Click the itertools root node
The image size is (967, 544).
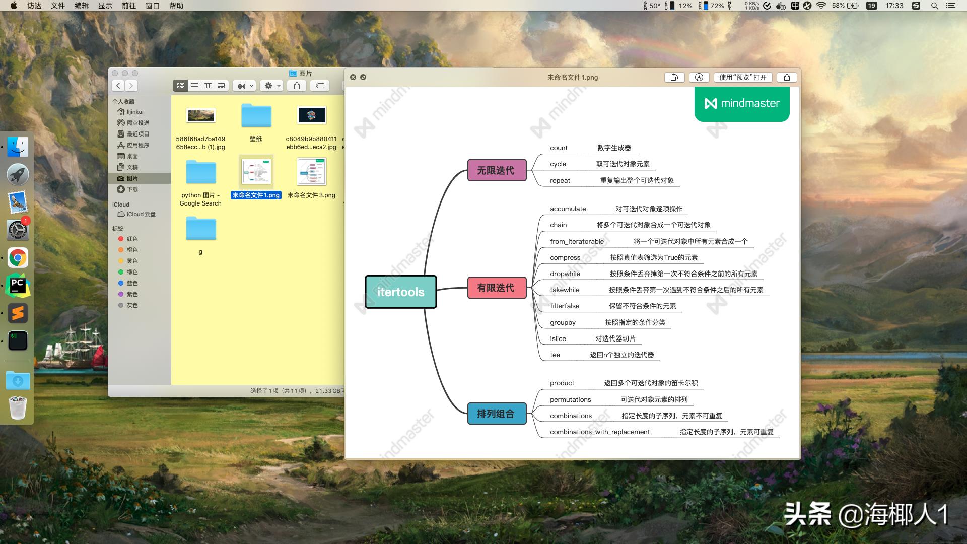(x=400, y=292)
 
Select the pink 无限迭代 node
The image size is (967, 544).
(x=496, y=170)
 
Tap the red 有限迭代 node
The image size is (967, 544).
(x=496, y=288)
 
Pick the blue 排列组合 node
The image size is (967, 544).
(x=496, y=414)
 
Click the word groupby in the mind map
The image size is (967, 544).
(x=563, y=322)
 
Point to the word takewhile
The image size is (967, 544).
(x=565, y=290)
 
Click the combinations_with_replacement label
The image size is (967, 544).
(x=600, y=432)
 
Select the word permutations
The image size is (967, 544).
(x=570, y=399)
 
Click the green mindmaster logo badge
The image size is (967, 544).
(x=742, y=104)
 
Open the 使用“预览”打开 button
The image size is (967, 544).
(x=742, y=77)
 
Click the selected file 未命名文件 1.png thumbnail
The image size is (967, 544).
(x=256, y=172)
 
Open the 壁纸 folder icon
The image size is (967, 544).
(x=256, y=116)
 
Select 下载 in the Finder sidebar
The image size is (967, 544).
(x=132, y=189)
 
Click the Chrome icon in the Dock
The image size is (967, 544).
(x=18, y=258)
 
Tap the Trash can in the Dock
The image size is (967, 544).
(x=18, y=407)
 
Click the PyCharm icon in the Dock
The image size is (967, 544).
(x=18, y=286)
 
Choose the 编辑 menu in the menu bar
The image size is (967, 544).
(x=82, y=6)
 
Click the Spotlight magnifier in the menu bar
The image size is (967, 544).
(x=934, y=6)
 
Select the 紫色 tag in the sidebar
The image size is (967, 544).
(x=132, y=294)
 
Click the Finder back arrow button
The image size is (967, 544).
(x=118, y=86)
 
